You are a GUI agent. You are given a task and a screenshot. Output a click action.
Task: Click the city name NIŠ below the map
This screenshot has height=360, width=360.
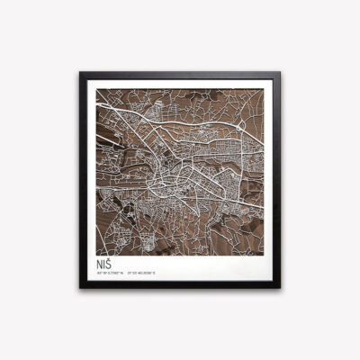point(103,265)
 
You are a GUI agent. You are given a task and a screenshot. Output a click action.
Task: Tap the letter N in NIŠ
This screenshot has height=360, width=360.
point(97,265)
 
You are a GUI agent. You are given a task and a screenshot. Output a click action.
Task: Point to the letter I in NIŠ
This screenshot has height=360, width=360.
point(103,265)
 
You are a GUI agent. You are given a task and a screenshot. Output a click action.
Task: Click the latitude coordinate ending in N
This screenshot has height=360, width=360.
point(109,274)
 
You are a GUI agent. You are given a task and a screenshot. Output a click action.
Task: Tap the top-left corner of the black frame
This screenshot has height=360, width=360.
point(80,73)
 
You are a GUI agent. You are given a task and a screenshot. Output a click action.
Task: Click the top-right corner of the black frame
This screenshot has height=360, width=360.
point(280,73)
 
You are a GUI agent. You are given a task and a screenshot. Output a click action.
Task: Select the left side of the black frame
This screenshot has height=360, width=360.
point(83,180)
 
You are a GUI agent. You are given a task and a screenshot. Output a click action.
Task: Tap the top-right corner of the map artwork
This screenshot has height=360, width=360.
point(266,86)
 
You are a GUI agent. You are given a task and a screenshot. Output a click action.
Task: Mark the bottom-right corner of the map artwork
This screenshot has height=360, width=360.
point(266,254)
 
